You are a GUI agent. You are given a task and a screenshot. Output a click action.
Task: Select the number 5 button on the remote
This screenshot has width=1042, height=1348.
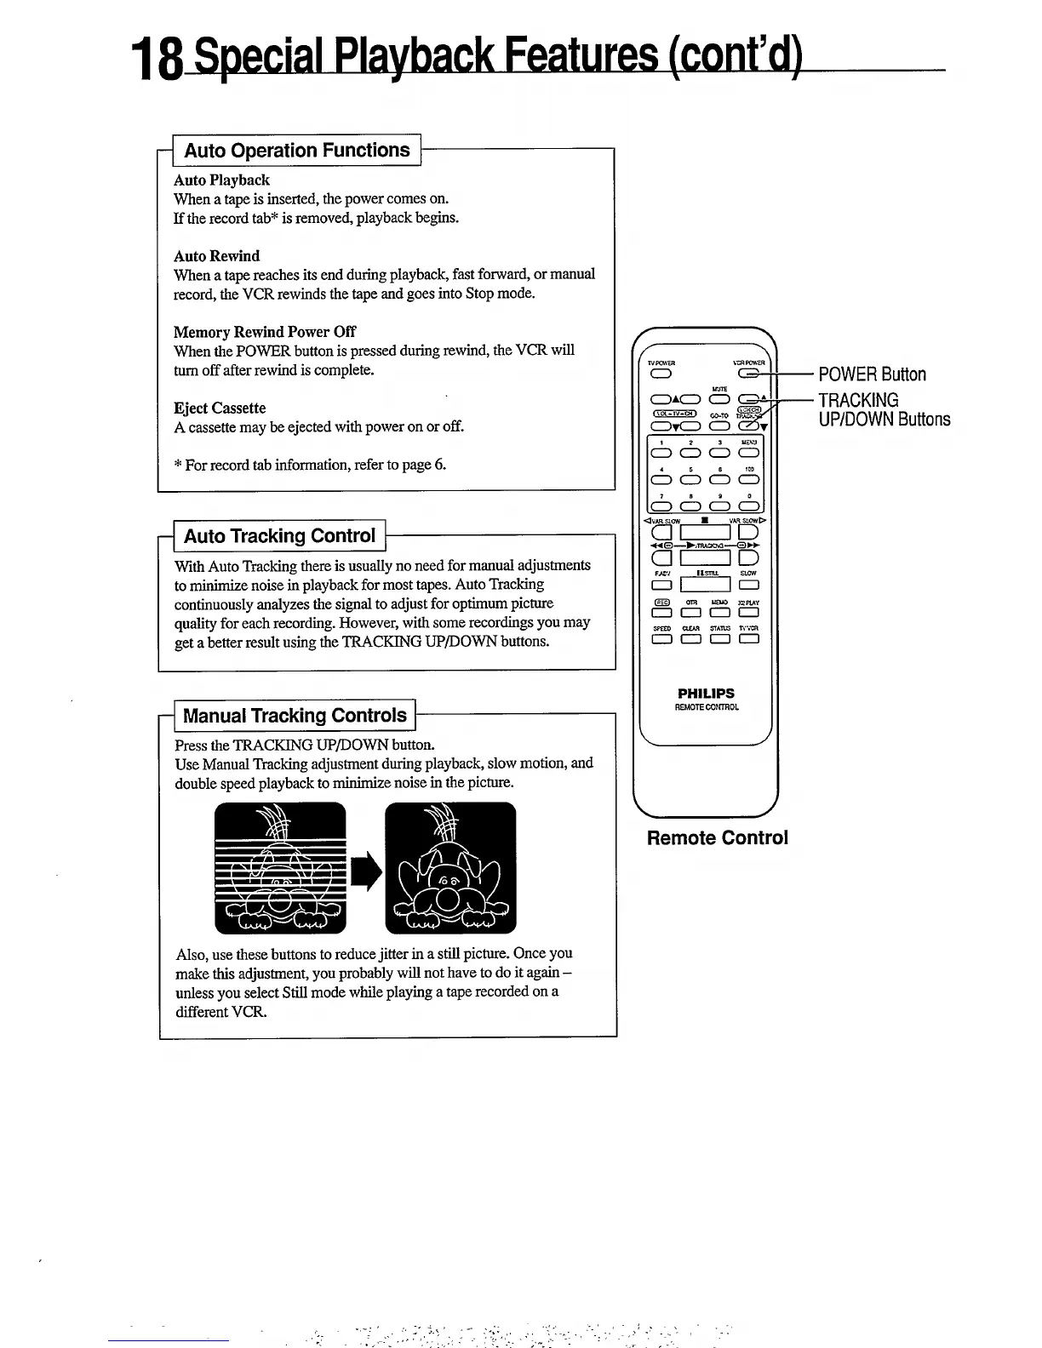690,479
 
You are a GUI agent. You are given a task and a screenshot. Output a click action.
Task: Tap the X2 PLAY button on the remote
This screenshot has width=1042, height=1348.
749,613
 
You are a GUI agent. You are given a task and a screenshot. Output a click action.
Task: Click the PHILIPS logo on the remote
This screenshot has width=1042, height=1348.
706,694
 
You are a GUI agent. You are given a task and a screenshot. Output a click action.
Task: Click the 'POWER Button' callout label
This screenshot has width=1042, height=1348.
872,374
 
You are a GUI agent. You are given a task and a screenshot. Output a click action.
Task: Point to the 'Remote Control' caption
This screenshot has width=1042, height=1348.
718,838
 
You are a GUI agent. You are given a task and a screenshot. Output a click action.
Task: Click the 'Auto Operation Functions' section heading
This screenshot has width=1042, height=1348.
297,151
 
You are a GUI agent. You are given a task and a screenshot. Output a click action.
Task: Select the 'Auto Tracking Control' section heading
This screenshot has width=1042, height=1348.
279,536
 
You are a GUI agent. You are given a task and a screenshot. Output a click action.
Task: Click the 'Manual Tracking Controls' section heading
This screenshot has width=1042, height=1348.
295,716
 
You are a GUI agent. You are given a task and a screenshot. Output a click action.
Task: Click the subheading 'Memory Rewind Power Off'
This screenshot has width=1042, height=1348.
265,332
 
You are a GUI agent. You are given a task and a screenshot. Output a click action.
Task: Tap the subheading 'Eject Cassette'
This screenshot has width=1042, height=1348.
220,408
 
